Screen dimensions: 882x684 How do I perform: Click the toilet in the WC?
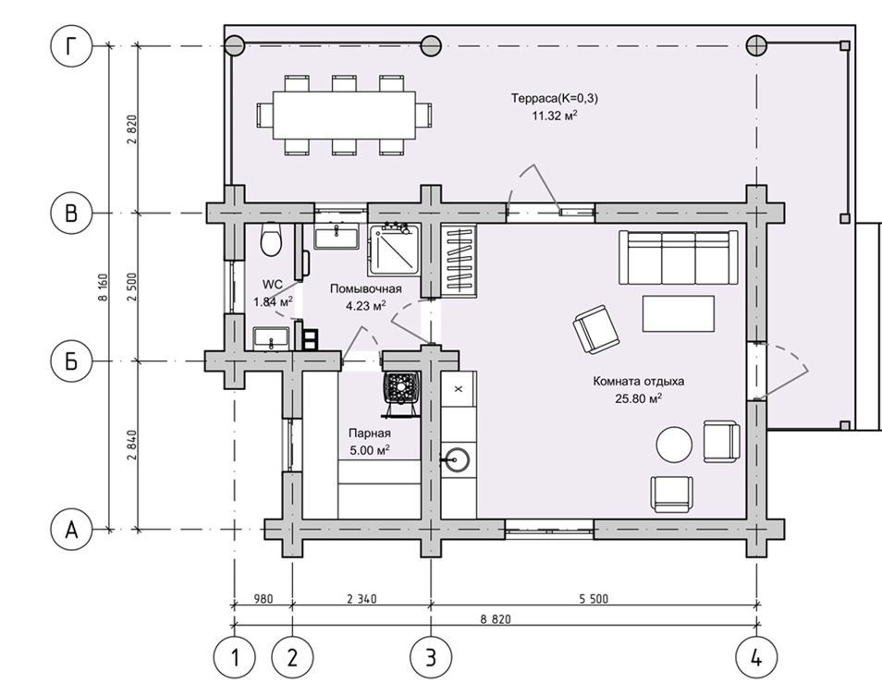tap(271, 239)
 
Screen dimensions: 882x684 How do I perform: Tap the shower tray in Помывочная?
tap(395, 250)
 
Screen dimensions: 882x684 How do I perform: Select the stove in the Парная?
tap(401, 393)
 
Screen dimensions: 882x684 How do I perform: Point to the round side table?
tap(674, 445)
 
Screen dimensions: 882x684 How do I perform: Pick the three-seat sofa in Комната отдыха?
tap(679, 258)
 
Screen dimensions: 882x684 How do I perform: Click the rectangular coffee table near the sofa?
tap(679, 314)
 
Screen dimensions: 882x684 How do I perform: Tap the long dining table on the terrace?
tap(344, 115)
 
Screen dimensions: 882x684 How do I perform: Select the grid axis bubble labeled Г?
tap(71, 46)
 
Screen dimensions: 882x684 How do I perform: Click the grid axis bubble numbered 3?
tap(431, 657)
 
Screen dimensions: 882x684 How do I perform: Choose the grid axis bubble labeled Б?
tap(71, 361)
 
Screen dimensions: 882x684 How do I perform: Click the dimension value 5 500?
tap(594, 599)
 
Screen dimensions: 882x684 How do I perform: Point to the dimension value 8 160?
tap(103, 288)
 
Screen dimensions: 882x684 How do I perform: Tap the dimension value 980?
tap(263, 599)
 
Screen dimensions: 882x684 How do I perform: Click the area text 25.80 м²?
tap(639, 398)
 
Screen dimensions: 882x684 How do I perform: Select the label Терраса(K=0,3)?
tap(555, 98)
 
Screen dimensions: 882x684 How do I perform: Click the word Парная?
tap(370, 434)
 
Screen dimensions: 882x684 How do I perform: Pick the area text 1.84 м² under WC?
tap(273, 302)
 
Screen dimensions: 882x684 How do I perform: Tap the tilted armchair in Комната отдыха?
tap(596, 330)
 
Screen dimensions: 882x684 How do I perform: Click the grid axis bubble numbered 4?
tap(756, 657)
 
